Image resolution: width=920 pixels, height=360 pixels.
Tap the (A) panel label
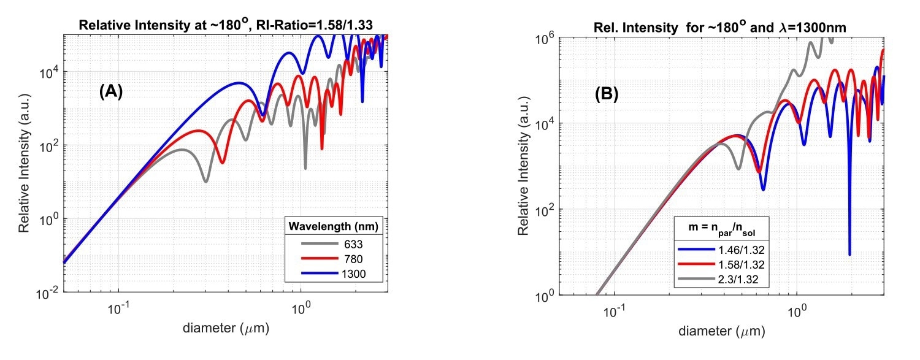pos(111,92)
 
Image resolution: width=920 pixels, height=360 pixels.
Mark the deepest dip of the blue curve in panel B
pos(849,254)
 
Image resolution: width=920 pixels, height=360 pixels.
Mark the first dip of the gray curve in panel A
pos(206,181)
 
